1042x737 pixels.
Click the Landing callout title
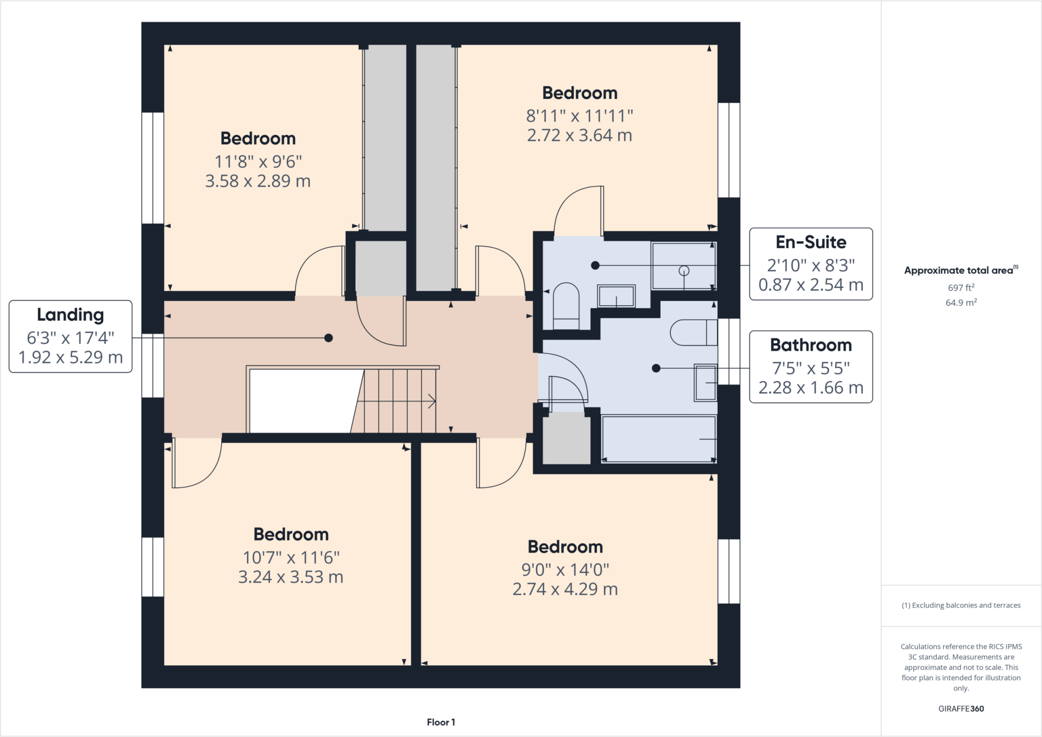[70, 315]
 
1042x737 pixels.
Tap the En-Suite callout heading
[811, 242]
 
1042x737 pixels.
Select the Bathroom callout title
[811, 345]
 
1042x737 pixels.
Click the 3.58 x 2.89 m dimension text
[257, 181]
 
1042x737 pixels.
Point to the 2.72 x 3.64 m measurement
[580, 135]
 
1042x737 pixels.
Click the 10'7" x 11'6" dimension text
[291, 557]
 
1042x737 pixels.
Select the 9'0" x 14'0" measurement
[565, 570]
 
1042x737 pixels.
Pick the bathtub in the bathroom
[658, 439]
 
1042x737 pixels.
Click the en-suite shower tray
[683, 266]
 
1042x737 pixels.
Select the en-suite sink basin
[616, 296]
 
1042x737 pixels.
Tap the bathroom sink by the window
[706, 382]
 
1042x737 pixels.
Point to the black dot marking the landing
[329, 338]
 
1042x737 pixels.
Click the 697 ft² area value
[961, 288]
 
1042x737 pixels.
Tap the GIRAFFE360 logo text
[961, 709]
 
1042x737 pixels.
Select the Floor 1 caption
[441, 722]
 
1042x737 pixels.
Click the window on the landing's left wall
[152, 365]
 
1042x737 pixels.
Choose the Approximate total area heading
[961, 271]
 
